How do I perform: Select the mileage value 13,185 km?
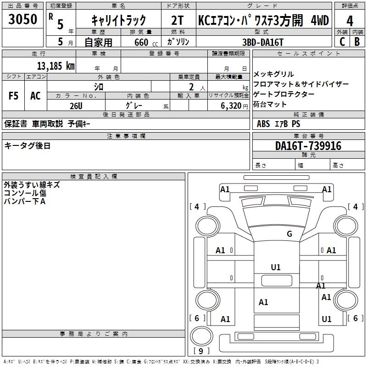coord(56,66)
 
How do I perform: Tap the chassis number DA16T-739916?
coord(308,146)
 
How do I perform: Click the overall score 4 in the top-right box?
coord(350,21)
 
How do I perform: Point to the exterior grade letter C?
coord(342,42)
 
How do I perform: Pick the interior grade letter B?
coord(357,42)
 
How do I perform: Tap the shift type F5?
coord(13,95)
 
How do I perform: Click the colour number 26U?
coord(76,105)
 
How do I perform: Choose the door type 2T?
coord(177,21)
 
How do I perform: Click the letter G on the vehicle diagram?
coord(289,234)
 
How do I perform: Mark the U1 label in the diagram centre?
coord(276,267)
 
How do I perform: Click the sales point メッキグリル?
coord(273,74)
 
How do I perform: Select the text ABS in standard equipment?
coord(264,123)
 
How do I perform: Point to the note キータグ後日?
coord(28,146)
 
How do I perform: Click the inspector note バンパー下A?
coord(25,201)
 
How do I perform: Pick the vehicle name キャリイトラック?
coord(118,21)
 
